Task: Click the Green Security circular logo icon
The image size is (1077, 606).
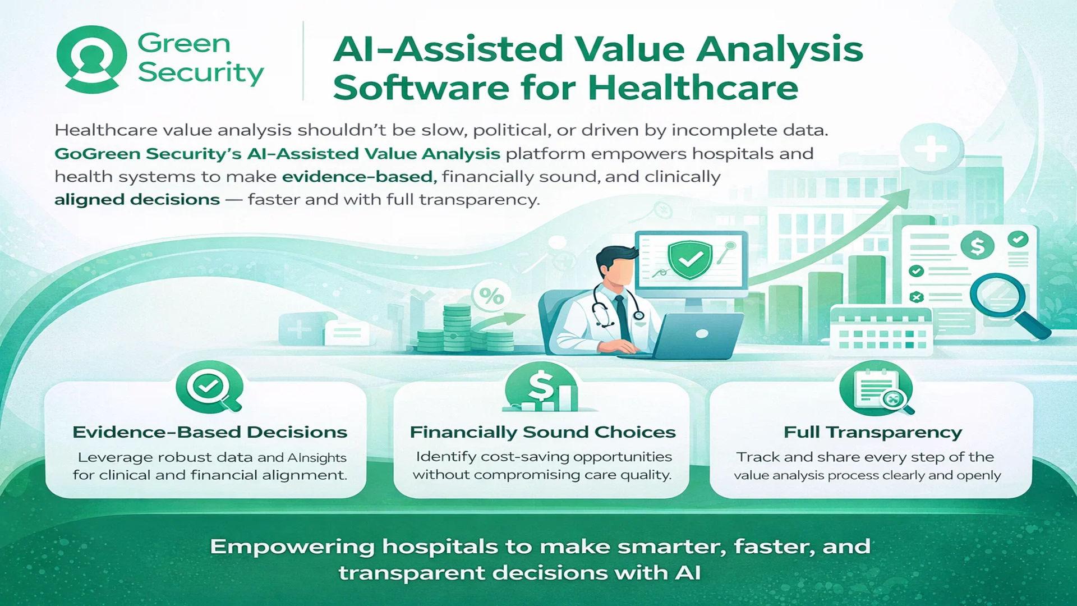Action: [92, 59]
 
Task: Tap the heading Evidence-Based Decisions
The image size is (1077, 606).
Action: [210, 432]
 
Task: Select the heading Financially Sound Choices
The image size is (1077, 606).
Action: [542, 432]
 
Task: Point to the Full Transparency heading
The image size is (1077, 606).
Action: [872, 432]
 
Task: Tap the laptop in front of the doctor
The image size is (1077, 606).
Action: [690, 336]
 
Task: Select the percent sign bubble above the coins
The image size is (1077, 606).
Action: [491, 296]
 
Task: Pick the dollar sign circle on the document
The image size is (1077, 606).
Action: [977, 245]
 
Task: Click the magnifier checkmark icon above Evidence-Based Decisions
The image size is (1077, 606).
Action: [209, 387]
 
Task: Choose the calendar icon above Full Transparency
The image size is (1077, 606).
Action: [876, 388]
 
